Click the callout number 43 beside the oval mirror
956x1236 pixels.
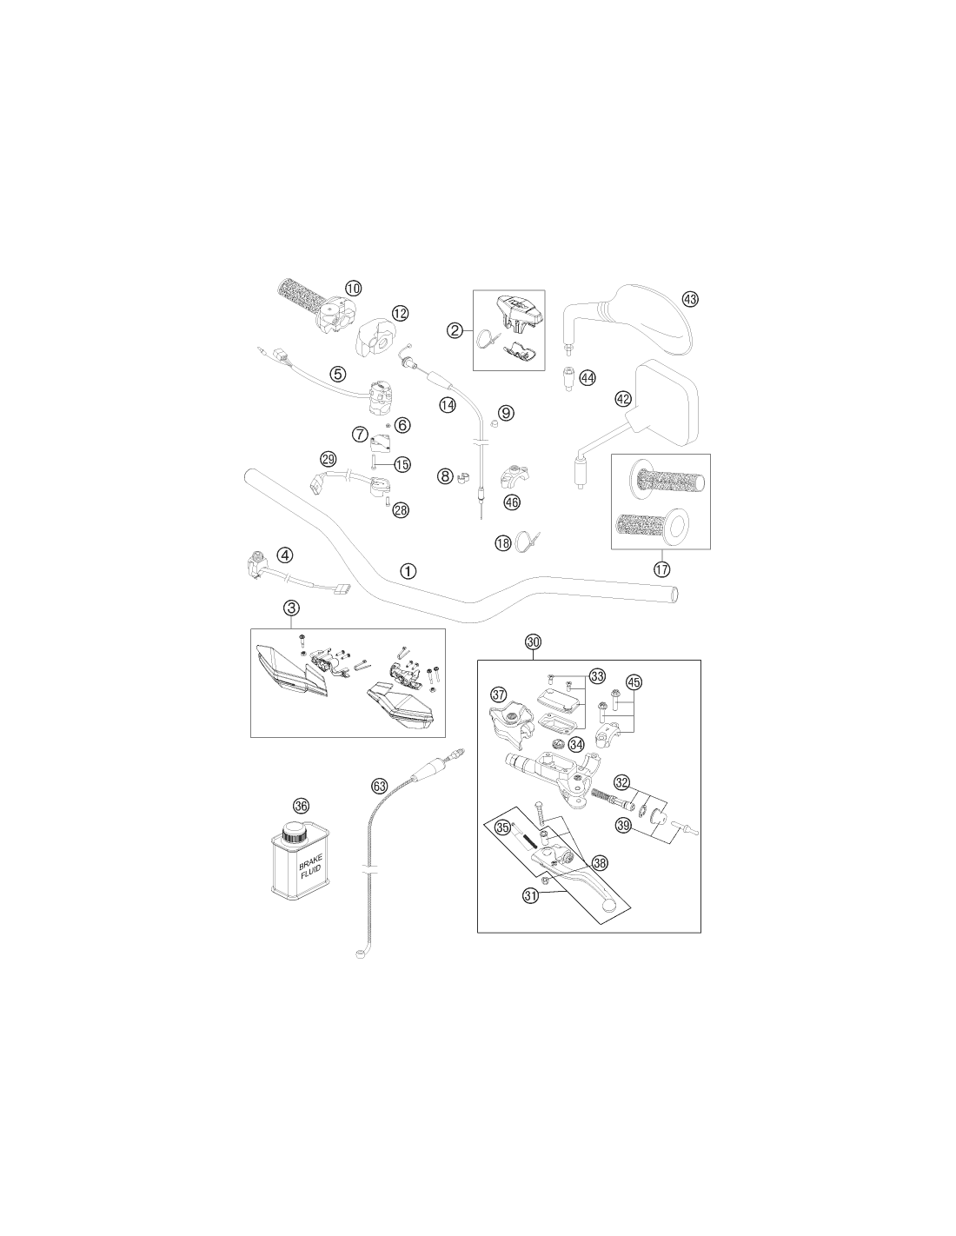[690, 299]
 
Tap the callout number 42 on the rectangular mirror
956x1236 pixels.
[623, 399]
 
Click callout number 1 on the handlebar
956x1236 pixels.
[408, 571]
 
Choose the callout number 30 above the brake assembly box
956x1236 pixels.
[533, 641]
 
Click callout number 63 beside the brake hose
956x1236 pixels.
[379, 787]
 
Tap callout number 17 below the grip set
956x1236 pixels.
[661, 568]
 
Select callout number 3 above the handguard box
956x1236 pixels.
[291, 608]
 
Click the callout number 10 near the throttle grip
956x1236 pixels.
[353, 289]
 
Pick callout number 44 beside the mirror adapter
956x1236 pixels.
[588, 377]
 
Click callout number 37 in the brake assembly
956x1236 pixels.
[499, 694]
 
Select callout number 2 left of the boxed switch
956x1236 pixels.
[455, 330]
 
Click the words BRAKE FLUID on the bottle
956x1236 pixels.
[311, 866]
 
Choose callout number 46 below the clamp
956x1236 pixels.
[512, 502]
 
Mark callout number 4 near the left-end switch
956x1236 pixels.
[284, 554]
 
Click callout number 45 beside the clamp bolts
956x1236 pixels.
[634, 682]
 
